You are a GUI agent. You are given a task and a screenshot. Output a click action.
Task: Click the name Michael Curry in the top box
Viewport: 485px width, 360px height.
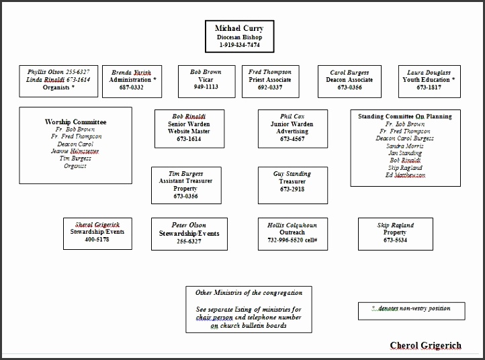pyautogui.click(x=239, y=28)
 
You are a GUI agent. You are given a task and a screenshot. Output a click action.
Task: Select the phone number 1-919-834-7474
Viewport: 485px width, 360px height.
pyautogui.click(x=239, y=46)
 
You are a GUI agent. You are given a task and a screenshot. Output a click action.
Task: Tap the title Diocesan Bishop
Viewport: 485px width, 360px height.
pyautogui.click(x=239, y=37)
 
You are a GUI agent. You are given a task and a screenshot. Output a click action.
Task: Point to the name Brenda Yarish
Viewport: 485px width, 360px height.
pyautogui.click(x=132, y=72)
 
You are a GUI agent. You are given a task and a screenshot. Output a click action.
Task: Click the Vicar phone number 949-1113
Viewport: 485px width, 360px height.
pyautogui.click(x=205, y=87)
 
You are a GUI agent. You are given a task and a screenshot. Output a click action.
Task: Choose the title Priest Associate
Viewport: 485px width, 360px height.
pyautogui.click(x=270, y=79)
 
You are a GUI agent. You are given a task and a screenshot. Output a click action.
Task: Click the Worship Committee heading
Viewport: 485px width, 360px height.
pyautogui.click(x=75, y=122)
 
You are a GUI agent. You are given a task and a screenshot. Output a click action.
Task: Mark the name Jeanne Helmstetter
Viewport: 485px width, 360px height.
pyautogui.click(x=75, y=151)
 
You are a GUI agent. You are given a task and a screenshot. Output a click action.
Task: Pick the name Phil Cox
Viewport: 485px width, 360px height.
pyautogui.click(x=292, y=116)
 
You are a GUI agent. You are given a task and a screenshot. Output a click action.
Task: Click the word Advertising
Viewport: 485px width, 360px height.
pyautogui.click(x=292, y=131)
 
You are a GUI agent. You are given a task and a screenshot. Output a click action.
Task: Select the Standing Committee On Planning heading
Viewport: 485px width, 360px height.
pyautogui.click(x=405, y=116)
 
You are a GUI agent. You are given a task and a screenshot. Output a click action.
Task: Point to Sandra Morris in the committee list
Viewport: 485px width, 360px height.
pyautogui.click(x=405, y=146)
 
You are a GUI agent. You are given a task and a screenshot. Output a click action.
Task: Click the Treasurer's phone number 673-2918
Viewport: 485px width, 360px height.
pyautogui.click(x=292, y=189)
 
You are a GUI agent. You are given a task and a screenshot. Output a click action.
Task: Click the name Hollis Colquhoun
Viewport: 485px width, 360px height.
pyautogui.click(x=292, y=225)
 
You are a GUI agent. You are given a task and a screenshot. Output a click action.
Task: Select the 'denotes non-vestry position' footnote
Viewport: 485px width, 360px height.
pyautogui.click(x=410, y=308)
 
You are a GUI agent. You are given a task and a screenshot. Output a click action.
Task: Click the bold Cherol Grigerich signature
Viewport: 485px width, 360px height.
pyautogui.click(x=425, y=346)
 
